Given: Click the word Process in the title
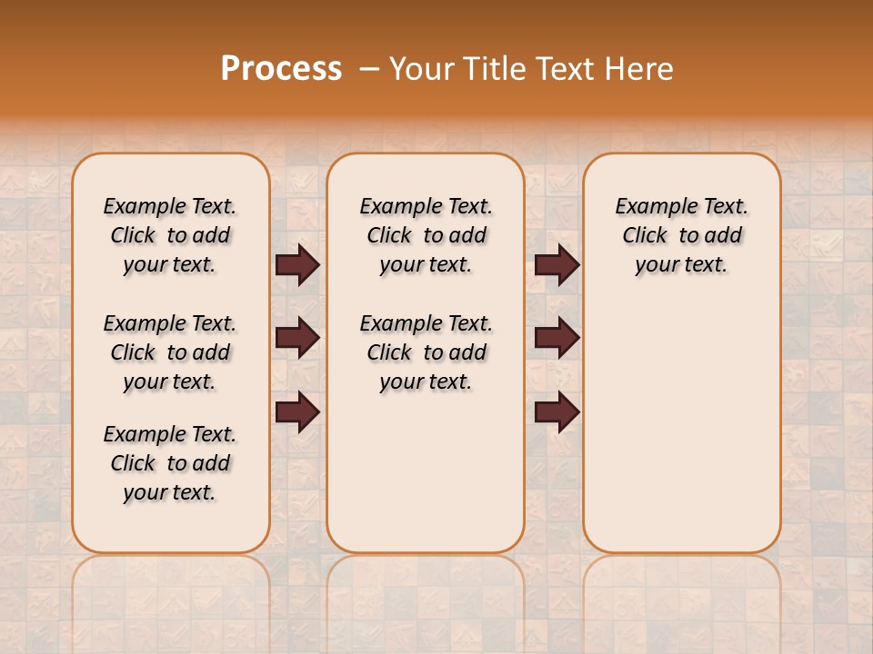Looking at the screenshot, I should point(281,69).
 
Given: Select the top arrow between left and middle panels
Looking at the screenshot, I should point(297,265).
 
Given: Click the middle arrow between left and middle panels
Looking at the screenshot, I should point(297,338).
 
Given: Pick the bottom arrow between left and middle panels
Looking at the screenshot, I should point(297,412).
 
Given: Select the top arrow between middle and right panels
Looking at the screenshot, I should point(557,265).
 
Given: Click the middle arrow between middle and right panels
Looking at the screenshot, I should point(557,338).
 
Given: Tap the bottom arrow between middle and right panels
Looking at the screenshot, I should point(557,412).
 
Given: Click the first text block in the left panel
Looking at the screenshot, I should point(170,235).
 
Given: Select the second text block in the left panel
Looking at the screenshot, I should point(170,352).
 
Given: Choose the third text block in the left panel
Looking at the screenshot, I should point(170,463).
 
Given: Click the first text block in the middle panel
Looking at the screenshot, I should point(426,235).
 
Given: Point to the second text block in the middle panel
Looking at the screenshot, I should point(426,352).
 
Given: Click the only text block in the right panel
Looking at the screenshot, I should point(681,235).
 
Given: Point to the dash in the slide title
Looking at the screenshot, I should point(369,69).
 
